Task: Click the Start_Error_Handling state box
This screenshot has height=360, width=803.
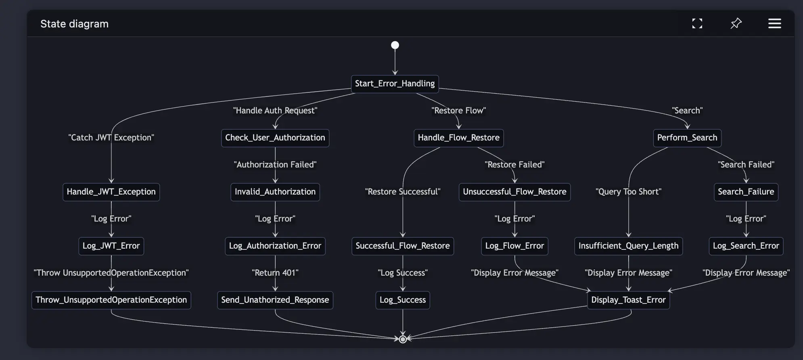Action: tap(395, 84)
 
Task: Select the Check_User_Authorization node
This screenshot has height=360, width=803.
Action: tap(275, 138)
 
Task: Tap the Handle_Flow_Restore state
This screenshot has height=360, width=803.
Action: tap(458, 138)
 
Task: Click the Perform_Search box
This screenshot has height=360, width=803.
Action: tap(687, 138)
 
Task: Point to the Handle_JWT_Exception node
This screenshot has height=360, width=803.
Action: tap(111, 192)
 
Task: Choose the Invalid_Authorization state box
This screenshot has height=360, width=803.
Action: tap(275, 192)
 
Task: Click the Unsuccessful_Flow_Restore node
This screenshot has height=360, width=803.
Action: tap(514, 192)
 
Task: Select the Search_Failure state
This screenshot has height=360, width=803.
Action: tap(746, 192)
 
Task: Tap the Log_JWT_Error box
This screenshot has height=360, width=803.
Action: tap(111, 246)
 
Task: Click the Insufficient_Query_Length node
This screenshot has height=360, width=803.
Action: tap(628, 246)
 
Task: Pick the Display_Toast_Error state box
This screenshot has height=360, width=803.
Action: tap(628, 300)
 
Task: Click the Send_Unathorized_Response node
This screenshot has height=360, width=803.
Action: tap(275, 300)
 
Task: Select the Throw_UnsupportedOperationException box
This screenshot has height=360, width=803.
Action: tap(111, 300)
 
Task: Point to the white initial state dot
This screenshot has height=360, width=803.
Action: tap(395, 45)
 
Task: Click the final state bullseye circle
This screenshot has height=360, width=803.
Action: tap(403, 339)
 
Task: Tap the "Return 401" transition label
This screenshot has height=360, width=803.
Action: tap(275, 273)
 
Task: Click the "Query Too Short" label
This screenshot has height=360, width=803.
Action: tap(628, 192)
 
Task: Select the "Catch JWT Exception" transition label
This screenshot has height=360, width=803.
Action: tap(111, 138)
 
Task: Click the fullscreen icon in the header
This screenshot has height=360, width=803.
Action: tap(697, 23)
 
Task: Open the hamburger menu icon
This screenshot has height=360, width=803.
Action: tap(774, 23)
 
